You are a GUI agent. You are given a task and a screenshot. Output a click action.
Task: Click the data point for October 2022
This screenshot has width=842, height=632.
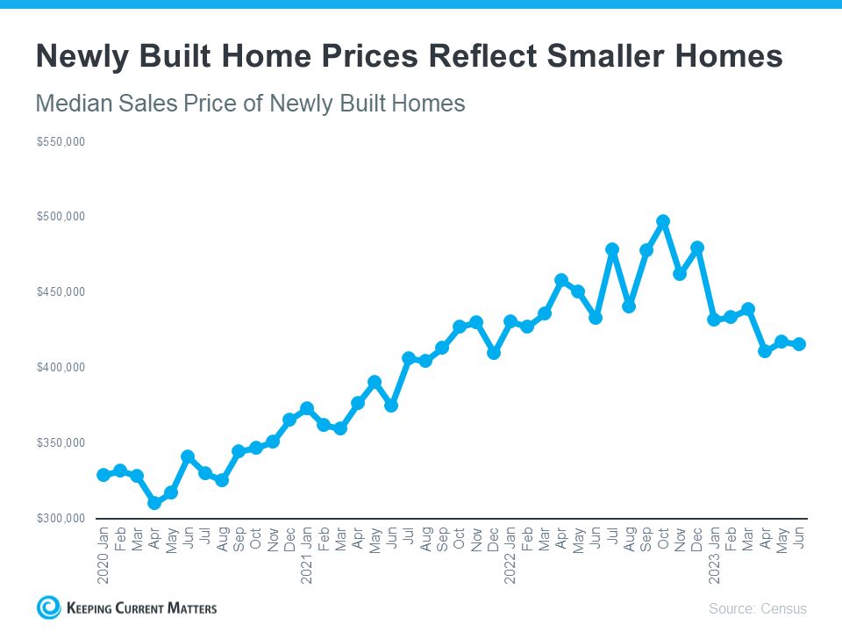click(x=663, y=221)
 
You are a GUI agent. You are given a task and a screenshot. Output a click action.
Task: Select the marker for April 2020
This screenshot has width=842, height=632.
click(x=154, y=503)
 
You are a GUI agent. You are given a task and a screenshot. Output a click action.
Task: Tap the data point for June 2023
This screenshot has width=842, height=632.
click(x=799, y=344)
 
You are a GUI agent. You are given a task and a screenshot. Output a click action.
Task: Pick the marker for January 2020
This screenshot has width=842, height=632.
click(x=103, y=475)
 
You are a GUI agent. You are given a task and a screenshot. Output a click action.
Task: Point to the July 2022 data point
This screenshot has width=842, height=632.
click(x=612, y=249)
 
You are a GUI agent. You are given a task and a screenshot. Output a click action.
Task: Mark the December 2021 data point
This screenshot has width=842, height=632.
click(x=494, y=353)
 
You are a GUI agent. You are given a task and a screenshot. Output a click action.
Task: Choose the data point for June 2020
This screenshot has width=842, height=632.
click(x=188, y=456)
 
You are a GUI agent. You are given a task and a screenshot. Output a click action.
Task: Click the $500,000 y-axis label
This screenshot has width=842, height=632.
click(x=61, y=217)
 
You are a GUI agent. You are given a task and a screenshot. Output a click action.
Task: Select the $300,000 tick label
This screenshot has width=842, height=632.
click(x=61, y=518)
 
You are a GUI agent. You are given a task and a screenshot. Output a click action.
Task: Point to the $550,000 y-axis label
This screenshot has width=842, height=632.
click(x=61, y=141)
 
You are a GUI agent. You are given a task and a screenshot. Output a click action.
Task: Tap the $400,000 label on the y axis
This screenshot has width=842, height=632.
click(x=61, y=367)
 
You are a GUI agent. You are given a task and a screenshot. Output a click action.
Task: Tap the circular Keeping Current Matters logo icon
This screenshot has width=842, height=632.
click(x=49, y=607)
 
